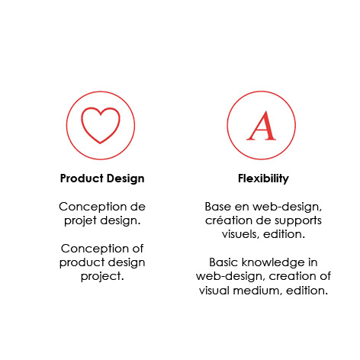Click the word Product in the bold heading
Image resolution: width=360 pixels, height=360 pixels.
coord(82,178)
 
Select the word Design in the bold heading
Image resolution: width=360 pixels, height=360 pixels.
coord(126,179)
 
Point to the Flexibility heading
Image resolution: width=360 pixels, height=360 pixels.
coord(263,178)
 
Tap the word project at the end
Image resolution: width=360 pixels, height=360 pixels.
coord(102,277)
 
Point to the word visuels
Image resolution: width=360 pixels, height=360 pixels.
coord(240,234)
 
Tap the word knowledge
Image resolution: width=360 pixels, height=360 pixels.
coord(273,263)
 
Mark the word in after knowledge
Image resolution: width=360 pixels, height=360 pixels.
coord(313,262)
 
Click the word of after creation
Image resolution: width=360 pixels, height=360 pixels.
coord(325,276)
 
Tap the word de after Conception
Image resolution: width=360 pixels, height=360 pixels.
coord(138,207)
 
